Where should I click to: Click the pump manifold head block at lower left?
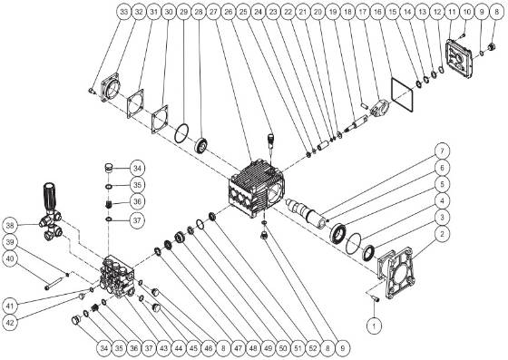[x=122, y=277]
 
